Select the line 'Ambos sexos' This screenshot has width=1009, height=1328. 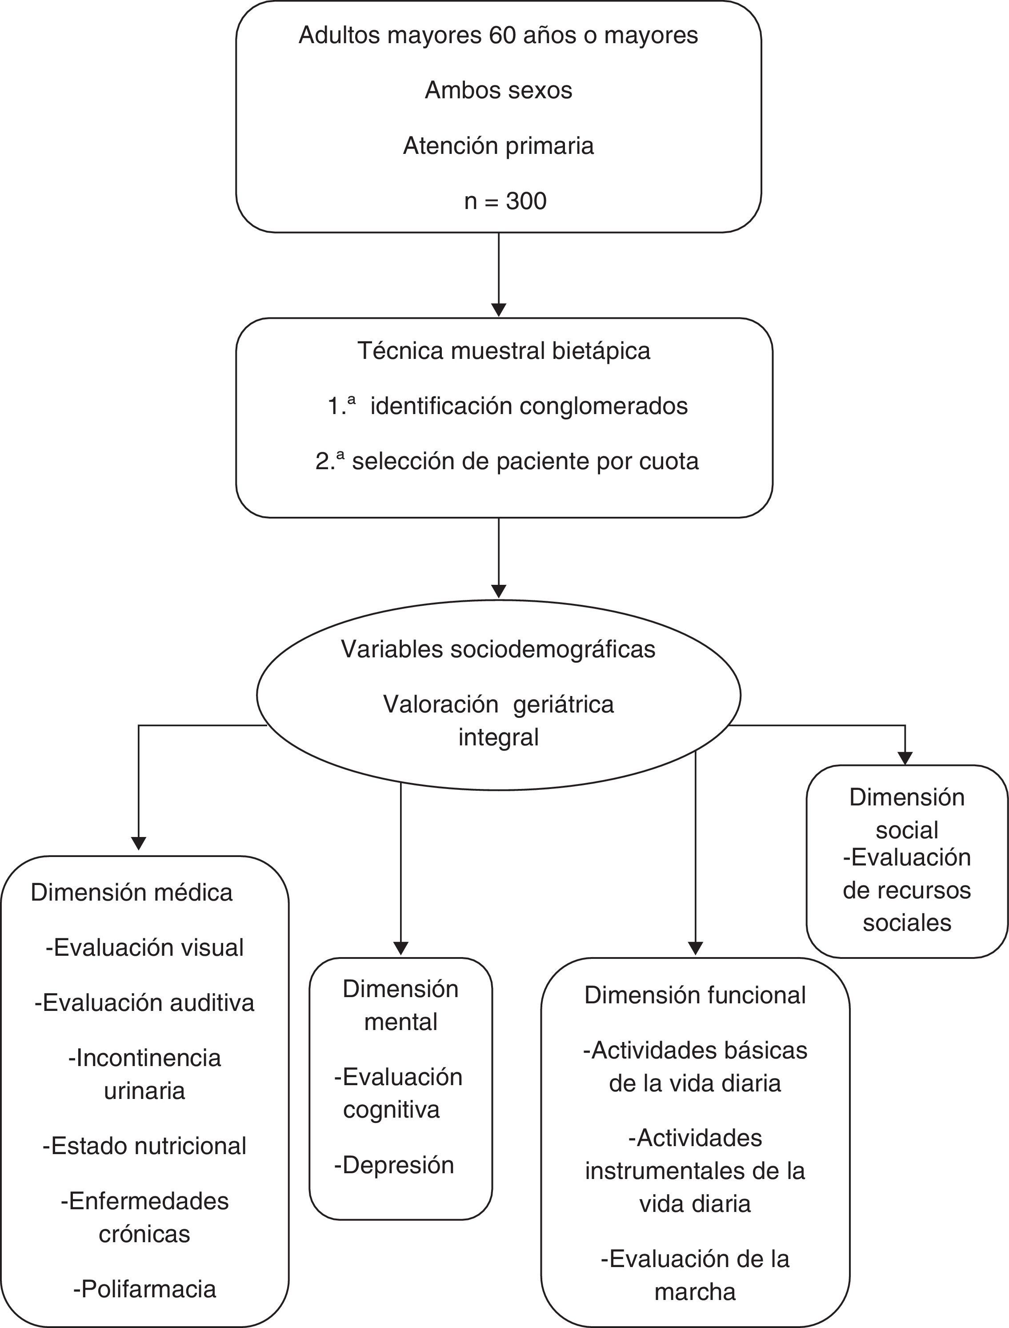coord(498,91)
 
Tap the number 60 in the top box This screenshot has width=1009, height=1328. coord(503,36)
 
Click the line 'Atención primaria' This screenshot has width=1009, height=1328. coord(498,146)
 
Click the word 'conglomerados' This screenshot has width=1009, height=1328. coord(604,406)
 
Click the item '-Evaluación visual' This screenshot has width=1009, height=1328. coord(145,948)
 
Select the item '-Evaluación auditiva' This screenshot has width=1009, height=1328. coord(145,1003)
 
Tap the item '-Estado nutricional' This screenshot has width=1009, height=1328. coord(145,1146)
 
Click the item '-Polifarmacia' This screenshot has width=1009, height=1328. coord(145,1289)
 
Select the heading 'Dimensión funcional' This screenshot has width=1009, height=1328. coord(695,996)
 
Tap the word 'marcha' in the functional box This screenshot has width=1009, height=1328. coord(695,1292)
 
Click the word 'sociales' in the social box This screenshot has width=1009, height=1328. coord(907,922)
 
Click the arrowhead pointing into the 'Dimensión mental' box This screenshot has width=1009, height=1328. coord(400,949)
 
